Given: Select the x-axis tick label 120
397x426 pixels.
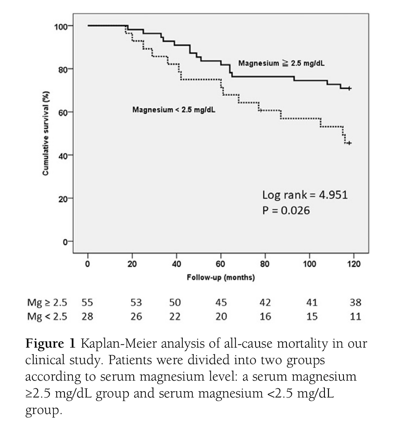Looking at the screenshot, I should pyautogui.click(x=354, y=263).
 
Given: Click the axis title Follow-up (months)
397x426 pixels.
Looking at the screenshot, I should pyautogui.click(x=221, y=278).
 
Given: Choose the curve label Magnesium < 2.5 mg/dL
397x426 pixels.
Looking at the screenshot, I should pyautogui.click(x=174, y=109).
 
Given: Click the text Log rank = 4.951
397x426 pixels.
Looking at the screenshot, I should pyautogui.click(x=305, y=195).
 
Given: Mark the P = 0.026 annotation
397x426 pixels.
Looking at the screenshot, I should pyautogui.click(x=286, y=211).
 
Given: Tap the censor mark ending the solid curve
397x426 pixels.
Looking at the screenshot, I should pyautogui.click(x=349, y=88).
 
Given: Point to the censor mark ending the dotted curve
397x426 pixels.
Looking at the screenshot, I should pyautogui.click(x=349, y=143).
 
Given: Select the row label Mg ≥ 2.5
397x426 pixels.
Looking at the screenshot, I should pyautogui.click(x=46, y=303).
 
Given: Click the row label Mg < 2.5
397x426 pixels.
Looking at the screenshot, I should pyautogui.click(x=46, y=316).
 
